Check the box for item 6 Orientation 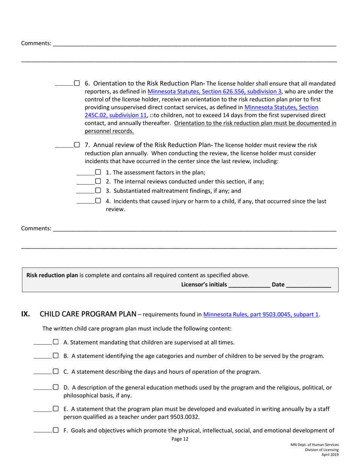click(77, 83)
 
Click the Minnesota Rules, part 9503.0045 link click(261, 314)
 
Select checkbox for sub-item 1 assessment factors click(98, 172)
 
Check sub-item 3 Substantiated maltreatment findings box click(98, 191)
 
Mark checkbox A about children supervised click(56, 342)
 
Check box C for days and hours click(56, 371)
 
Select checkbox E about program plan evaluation click(56, 409)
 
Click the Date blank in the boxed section click(308, 285)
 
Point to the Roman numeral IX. click(26, 314)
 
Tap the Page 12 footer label click(180, 439)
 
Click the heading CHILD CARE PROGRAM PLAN click(88, 314)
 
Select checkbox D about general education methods click(56, 387)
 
